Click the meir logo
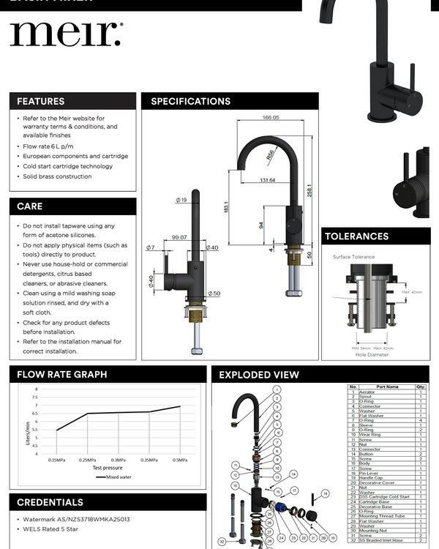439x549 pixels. point(66,34)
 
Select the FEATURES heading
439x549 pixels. point(41,101)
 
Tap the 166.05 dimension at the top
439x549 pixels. point(271,117)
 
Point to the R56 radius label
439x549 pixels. point(270,154)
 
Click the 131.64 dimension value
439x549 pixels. point(267,180)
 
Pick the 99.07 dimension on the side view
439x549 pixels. point(179,237)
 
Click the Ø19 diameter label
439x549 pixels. point(181,200)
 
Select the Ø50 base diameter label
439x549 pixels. point(213,294)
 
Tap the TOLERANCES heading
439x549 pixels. point(356,236)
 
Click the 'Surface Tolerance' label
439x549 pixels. point(353,257)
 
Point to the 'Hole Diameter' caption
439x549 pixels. point(371,354)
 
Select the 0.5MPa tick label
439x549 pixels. point(179,460)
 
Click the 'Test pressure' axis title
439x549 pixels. point(107,467)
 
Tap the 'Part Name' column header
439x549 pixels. point(387,386)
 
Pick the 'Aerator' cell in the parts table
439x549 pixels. point(367,392)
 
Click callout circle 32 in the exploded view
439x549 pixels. point(222,542)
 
